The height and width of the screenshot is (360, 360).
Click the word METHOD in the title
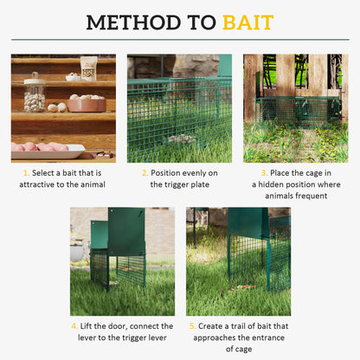pos(136,22)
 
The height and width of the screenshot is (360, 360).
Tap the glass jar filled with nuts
pos(35,93)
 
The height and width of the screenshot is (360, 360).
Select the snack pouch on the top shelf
pos(88,67)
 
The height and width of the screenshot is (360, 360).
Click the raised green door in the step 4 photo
pos(125,231)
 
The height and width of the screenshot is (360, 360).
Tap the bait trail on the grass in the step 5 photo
pos(243,286)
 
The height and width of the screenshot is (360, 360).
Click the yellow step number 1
pos(25,172)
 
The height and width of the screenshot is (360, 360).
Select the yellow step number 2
pos(144,172)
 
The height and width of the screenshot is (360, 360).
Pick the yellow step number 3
pos(260,172)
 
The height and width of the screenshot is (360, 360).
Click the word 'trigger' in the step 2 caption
pos(167,184)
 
